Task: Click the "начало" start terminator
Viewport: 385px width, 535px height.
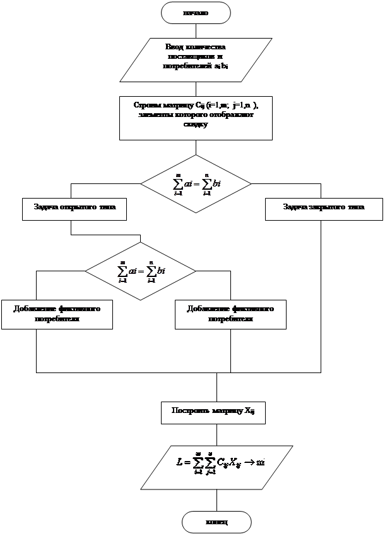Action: pos(196,12)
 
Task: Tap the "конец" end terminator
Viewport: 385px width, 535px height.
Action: pos(216,522)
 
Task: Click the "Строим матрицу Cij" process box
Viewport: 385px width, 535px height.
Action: pos(196,116)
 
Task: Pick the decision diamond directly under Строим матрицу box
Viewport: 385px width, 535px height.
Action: pos(196,184)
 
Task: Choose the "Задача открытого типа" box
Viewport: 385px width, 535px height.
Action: pos(74,208)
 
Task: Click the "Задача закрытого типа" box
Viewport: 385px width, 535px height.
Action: pos(323,208)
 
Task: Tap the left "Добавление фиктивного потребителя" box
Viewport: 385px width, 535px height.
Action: pos(57,314)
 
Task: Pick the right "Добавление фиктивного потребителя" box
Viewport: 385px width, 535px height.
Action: pos(230,314)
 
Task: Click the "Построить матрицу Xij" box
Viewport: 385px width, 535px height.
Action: pos(213,411)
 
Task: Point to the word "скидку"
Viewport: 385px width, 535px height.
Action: pos(196,125)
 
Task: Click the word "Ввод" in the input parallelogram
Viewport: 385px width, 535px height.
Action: pos(174,47)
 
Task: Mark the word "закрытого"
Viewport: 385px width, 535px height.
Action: pos(327,207)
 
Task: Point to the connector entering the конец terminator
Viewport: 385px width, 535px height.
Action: pos(216,500)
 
